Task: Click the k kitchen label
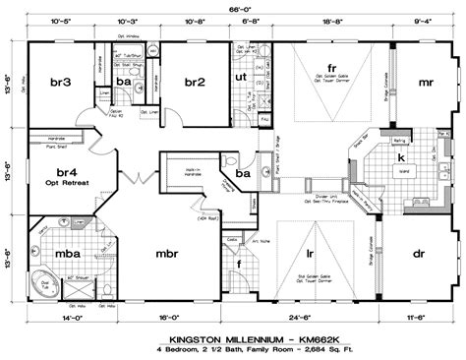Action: pyautogui.click(x=401, y=156)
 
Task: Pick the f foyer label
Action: pyautogui.click(x=239, y=264)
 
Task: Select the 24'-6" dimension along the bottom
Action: pyautogui.click(x=310, y=319)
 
